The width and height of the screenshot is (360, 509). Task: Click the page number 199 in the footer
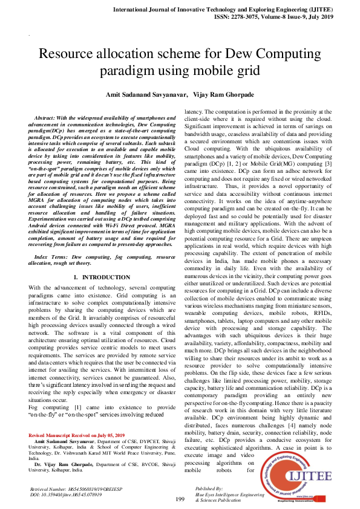pyautogui.click(x=180, y=499)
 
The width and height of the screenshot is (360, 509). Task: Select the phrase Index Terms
pyautogui.click(x=50, y=257)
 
